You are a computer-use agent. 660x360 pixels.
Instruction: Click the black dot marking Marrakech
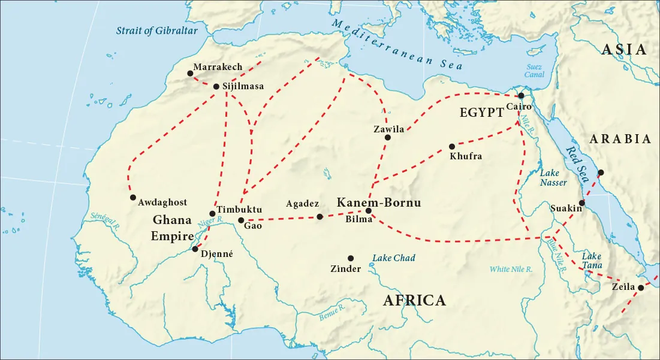(190, 73)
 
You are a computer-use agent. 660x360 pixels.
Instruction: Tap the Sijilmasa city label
(243, 86)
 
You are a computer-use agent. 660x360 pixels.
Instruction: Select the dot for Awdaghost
(132, 198)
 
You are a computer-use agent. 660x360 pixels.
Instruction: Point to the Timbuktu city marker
(212, 213)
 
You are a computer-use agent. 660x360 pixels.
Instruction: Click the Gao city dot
(241, 220)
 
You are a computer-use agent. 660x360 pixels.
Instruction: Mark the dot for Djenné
(195, 249)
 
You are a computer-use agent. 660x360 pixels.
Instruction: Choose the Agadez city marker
(320, 217)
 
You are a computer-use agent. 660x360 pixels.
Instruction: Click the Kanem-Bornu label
(378, 202)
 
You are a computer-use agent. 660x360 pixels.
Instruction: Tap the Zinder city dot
(351, 258)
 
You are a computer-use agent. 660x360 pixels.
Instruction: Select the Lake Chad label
(394, 258)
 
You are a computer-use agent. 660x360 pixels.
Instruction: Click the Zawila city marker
(387, 138)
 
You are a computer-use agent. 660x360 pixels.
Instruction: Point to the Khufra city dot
(452, 146)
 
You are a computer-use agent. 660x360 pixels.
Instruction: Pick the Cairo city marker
(522, 96)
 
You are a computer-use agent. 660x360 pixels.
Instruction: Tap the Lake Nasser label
(553, 177)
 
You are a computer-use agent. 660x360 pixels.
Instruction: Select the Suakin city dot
(582, 202)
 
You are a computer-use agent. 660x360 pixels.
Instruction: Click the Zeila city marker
(640, 288)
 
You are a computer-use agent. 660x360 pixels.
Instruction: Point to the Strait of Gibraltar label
(157, 31)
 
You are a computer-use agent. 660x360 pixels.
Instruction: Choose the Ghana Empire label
(171, 228)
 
